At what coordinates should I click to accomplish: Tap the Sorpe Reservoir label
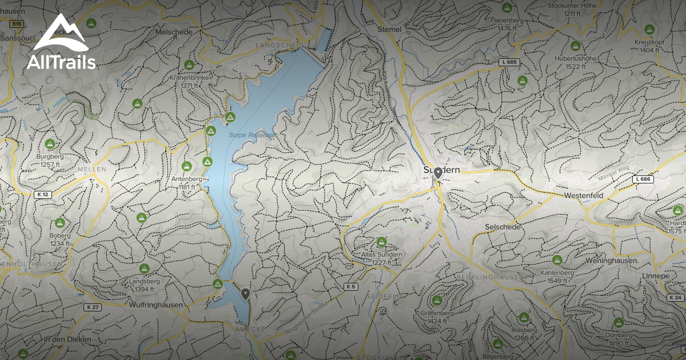[x=252, y=135]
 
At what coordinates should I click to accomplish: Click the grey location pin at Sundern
[x=438, y=173]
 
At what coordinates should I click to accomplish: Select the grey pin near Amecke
[x=245, y=294]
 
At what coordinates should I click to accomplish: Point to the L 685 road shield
[x=508, y=62]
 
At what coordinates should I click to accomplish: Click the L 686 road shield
[x=643, y=179]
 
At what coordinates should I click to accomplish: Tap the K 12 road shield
[x=43, y=194]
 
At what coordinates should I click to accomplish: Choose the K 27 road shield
[x=93, y=307]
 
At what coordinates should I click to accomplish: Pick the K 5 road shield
[x=350, y=286]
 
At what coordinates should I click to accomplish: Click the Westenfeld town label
[x=584, y=195]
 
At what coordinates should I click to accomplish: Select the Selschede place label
[x=502, y=227]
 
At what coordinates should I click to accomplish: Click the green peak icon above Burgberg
[x=50, y=144]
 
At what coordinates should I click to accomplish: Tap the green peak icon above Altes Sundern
[x=381, y=242]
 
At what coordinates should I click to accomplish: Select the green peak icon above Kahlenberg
[x=557, y=260]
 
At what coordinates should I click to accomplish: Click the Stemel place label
[x=390, y=29]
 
